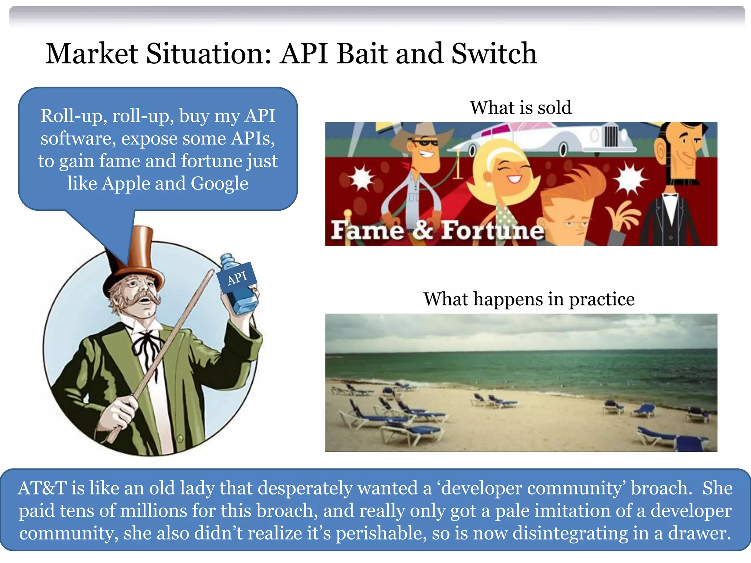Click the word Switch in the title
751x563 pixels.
tap(494, 54)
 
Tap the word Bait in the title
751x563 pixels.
tap(361, 54)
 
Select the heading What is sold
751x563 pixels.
tap(521, 108)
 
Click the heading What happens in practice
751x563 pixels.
tap(529, 299)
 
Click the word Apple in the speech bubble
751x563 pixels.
tap(125, 183)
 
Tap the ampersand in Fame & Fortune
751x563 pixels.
tap(422, 230)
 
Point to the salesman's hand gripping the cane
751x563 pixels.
tap(117, 414)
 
